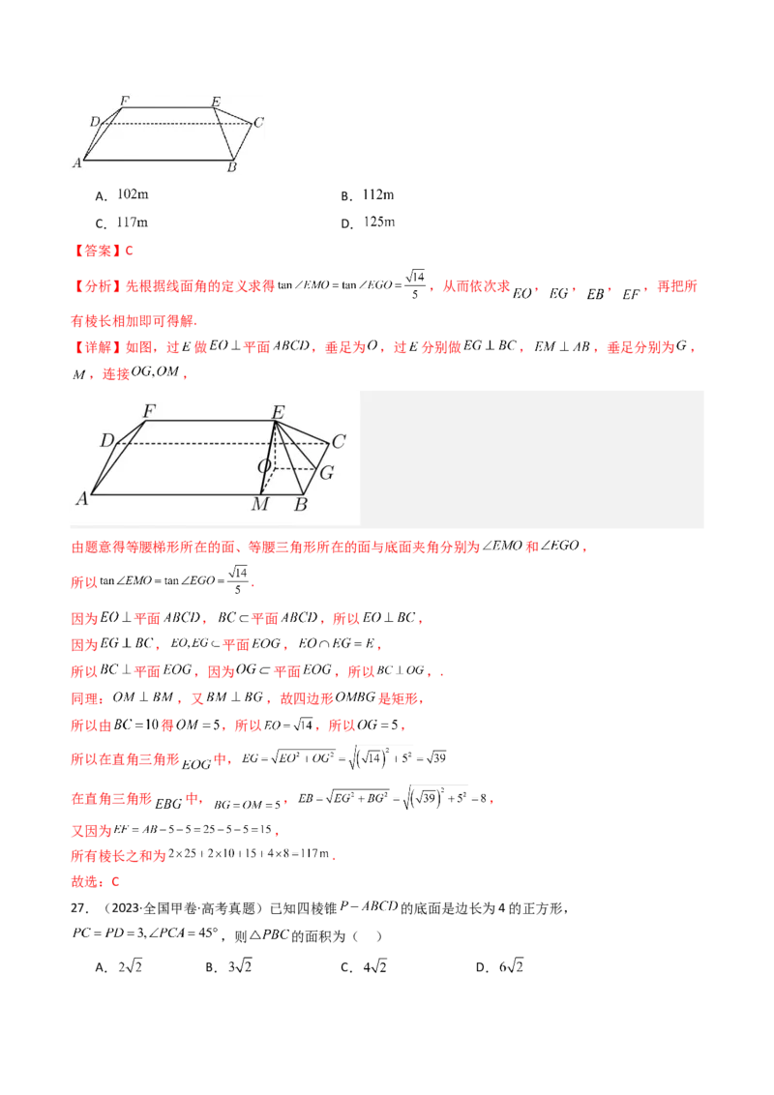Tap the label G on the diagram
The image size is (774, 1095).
click(326, 473)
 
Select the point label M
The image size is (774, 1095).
click(259, 505)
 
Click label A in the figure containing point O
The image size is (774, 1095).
click(82, 499)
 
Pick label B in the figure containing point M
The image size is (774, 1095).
click(301, 505)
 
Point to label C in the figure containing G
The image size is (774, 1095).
click(339, 442)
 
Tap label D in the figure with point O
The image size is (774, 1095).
click(106, 441)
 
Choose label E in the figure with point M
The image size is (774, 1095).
click(278, 413)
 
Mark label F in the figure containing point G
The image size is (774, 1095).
click(149, 411)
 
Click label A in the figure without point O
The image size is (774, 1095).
click(76, 163)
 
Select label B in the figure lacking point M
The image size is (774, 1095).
click(231, 168)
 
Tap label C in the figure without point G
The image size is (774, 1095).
click(258, 123)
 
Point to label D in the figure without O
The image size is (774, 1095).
click(94, 121)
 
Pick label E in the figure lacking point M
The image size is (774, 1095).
click(215, 101)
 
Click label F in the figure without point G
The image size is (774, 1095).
click(124, 100)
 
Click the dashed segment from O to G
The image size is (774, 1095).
click(296, 469)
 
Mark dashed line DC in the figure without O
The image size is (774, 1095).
click(174, 123)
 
